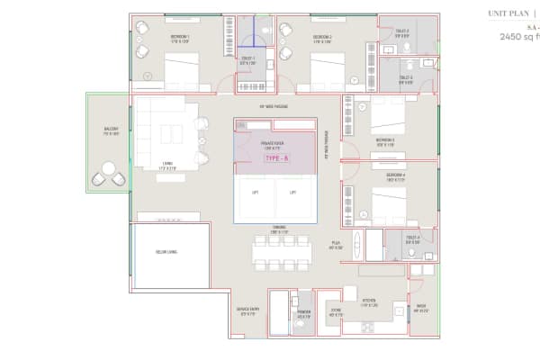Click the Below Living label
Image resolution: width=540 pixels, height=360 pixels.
(166, 252)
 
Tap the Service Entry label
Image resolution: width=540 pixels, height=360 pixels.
(247, 310)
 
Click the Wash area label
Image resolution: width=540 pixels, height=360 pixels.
(421, 309)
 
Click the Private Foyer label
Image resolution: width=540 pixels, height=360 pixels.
(274, 143)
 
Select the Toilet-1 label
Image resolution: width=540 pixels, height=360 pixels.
(248, 61)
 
